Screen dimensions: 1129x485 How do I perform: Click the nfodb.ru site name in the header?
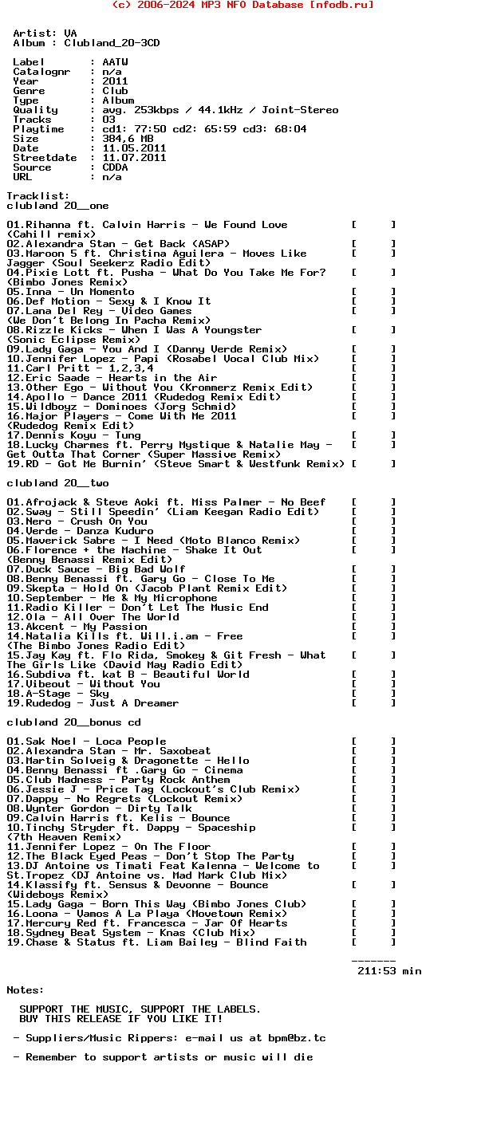point(341,5)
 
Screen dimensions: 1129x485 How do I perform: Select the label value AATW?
point(115,62)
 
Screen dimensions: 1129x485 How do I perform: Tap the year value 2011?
point(115,81)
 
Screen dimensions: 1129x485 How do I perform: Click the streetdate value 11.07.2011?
point(134,158)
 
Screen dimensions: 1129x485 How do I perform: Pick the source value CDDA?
point(115,167)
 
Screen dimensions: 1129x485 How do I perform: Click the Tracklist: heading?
point(38,196)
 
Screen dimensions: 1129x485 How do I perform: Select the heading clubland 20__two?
point(57,483)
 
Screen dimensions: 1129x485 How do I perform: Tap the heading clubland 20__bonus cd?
point(73,722)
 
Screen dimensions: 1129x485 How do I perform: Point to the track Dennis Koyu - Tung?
point(73,435)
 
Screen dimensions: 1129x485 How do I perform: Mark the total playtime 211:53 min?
point(389,971)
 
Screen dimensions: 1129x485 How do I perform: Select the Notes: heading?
point(26,990)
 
